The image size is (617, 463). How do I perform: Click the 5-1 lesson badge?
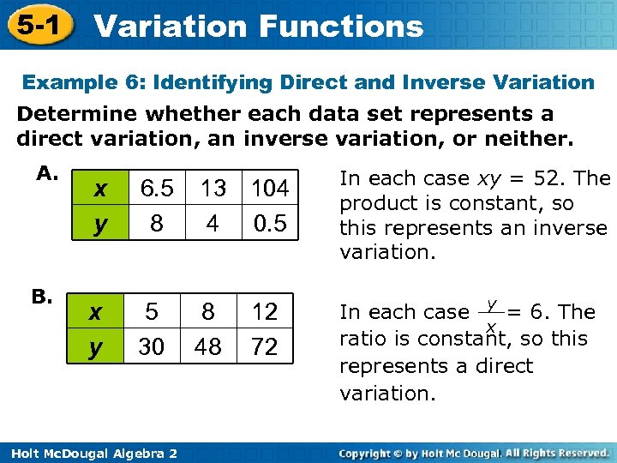tap(36, 25)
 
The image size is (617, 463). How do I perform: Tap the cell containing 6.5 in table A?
tap(157, 188)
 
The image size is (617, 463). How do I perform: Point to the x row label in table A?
tap(101, 189)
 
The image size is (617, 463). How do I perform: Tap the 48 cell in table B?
tap(208, 346)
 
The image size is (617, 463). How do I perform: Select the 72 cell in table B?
tap(264, 346)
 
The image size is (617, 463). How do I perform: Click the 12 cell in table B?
tap(264, 312)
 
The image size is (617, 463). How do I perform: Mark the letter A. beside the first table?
tap(47, 174)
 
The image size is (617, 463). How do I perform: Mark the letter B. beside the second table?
tap(43, 298)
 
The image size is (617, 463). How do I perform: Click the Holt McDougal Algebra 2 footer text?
tap(90, 453)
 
